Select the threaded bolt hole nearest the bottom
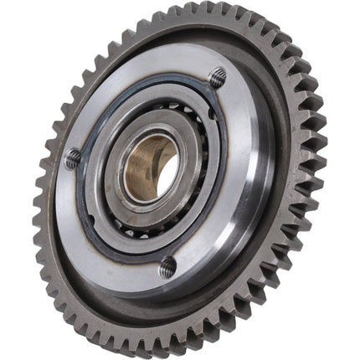click(167, 267)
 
